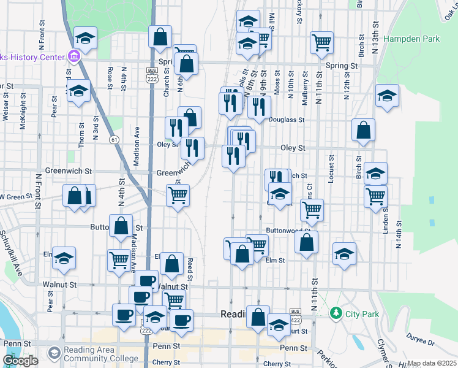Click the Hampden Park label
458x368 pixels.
[x=411, y=39]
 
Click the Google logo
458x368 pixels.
[x=20, y=360]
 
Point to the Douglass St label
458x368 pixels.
[x=287, y=120]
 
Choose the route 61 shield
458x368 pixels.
[x=114, y=140]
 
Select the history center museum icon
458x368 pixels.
[x=74, y=57]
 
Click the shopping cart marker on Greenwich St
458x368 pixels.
[x=178, y=196]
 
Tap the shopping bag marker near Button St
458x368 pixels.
[x=121, y=226]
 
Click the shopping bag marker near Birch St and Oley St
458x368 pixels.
[x=364, y=130]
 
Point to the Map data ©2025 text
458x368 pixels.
[x=432, y=363]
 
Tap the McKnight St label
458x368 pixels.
[x=23, y=114]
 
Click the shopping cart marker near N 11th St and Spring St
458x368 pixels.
[x=321, y=42]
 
